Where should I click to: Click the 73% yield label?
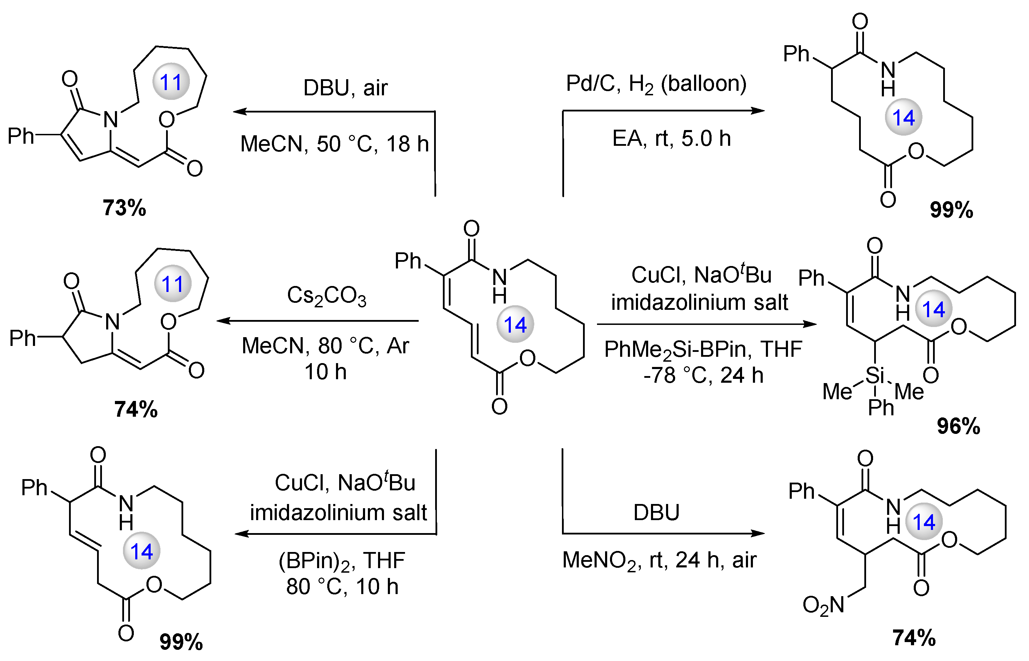[124, 208]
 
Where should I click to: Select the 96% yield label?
[958, 426]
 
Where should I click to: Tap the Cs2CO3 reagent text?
[327, 297]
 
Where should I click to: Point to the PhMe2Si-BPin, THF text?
[703, 349]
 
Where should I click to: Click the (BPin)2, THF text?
[342, 560]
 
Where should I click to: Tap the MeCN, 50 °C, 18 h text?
[334, 144]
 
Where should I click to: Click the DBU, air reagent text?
[345, 88]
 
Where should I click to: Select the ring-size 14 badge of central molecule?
[515, 325]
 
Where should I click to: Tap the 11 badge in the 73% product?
[171, 82]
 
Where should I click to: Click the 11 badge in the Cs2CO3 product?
[172, 284]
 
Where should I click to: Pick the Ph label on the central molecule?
[408, 261]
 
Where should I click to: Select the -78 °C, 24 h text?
[703, 376]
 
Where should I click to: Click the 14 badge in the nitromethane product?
[924, 522]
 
